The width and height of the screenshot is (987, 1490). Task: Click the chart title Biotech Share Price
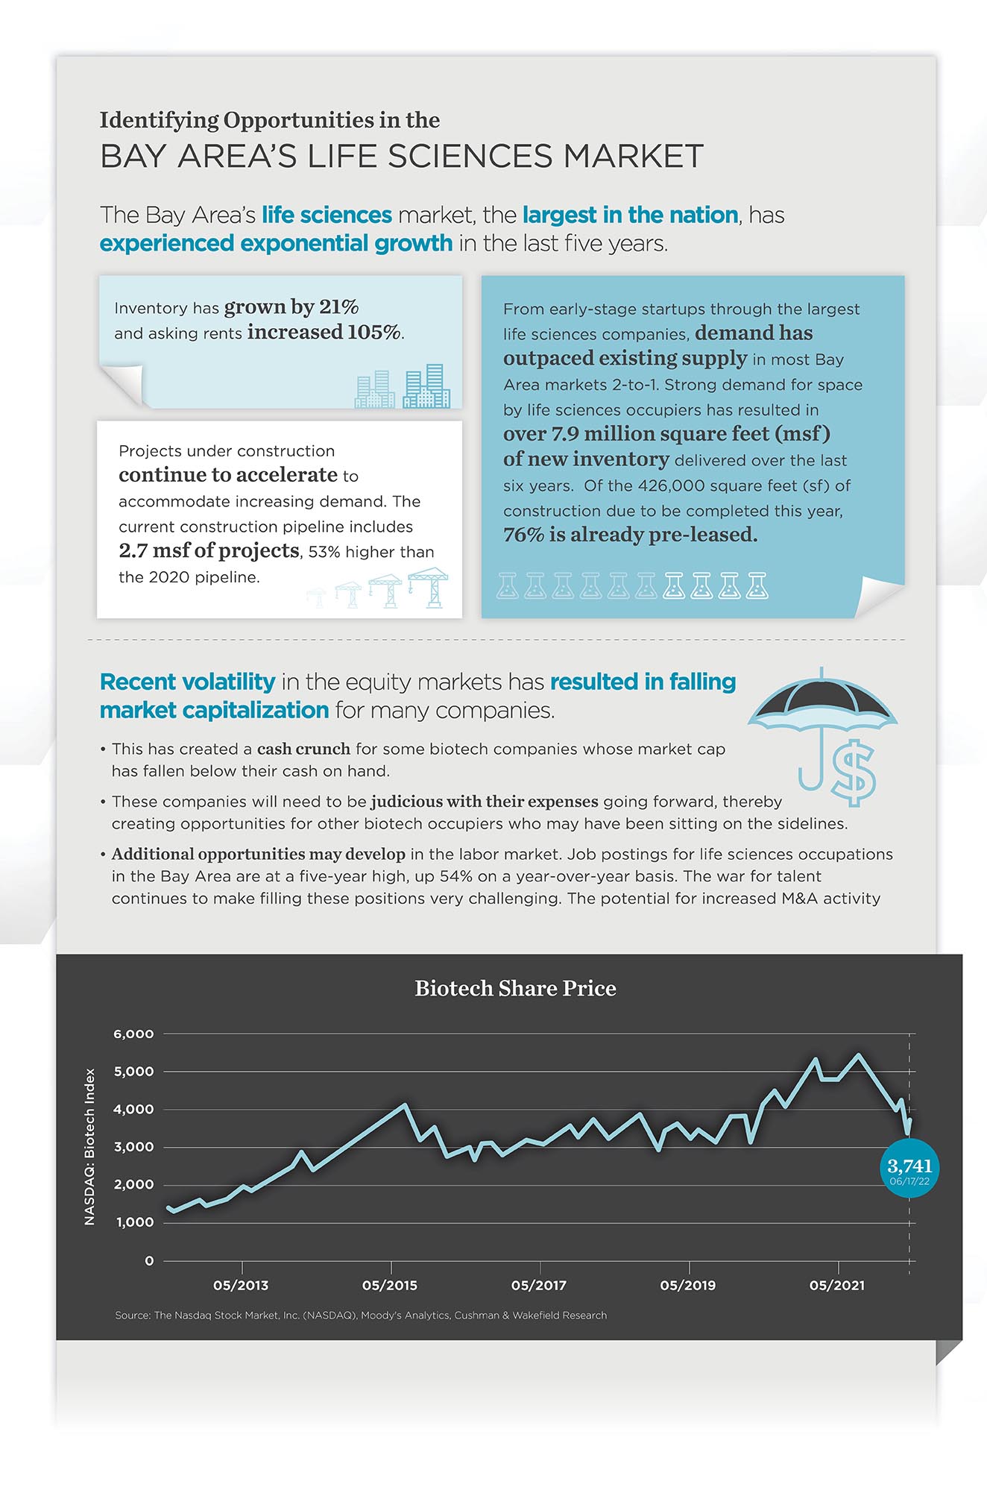coord(515,988)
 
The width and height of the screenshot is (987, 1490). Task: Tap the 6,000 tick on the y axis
coord(133,1034)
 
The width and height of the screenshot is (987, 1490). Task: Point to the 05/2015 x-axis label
coord(390,1285)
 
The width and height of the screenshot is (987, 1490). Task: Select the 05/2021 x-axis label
coord(837,1285)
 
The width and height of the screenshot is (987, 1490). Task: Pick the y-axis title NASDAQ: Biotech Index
coord(90,1147)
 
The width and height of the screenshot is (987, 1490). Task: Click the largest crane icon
coord(428,587)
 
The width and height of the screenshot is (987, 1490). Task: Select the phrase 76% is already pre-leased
coord(630,535)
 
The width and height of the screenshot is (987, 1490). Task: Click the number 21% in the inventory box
coord(338,307)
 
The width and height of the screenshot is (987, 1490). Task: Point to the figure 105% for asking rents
coord(374,333)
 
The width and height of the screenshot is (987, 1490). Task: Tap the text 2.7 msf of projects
coord(209,551)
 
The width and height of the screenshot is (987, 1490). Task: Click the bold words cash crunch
coord(303,749)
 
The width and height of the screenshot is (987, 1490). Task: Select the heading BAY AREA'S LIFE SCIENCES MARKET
coord(402,157)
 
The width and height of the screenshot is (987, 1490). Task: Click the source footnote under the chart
coord(361,1315)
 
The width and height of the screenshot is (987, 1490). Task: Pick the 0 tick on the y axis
coord(149,1261)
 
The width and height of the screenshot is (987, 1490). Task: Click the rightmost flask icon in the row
coord(757,586)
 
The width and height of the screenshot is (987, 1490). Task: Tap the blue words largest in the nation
coord(630,215)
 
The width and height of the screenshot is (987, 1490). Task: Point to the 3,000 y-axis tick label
coord(133,1147)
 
